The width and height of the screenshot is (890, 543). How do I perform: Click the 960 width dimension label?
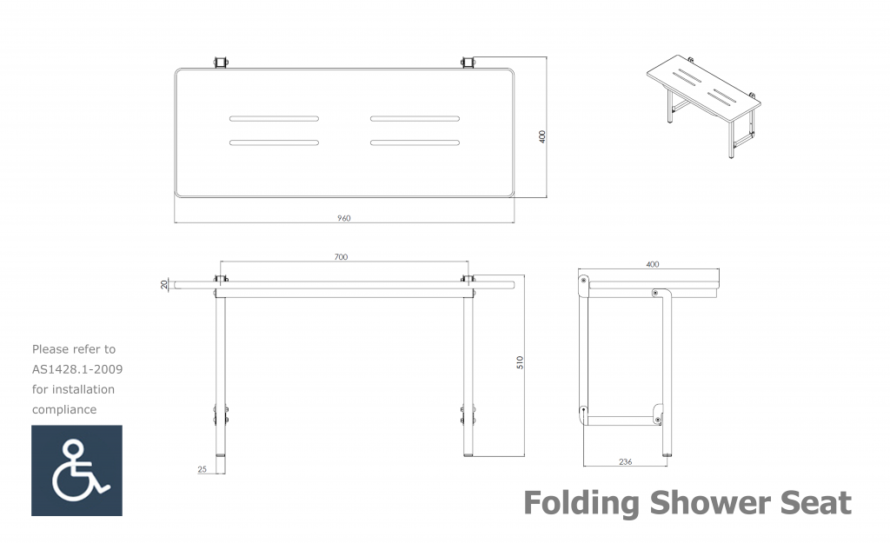click(344, 218)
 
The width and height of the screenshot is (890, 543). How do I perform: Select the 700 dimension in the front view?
click(341, 257)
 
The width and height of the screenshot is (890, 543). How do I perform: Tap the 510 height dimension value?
click(520, 362)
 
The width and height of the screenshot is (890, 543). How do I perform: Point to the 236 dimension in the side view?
click(625, 462)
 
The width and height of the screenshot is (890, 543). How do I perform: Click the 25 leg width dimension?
click(202, 469)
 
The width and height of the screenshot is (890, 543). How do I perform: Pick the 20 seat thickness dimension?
click(164, 284)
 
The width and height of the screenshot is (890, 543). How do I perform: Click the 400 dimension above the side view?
click(653, 264)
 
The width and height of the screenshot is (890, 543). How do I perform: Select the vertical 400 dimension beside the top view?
click(542, 136)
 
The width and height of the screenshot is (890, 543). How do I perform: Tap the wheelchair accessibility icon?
click(76, 470)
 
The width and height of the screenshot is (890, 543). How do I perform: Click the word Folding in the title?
click(581, 503)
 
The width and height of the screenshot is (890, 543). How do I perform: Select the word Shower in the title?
click(710, 502)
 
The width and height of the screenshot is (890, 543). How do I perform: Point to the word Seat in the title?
click(816, 503)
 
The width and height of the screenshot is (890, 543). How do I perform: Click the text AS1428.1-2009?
click(77, 369)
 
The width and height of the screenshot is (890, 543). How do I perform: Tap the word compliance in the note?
click(64, 410)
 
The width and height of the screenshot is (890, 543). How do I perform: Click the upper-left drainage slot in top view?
click(274, 118)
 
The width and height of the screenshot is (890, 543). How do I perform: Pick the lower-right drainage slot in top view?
click(415, 142)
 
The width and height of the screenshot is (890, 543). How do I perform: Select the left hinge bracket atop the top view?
click(222, 63)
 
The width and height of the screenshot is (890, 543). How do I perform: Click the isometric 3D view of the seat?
click(704, 106)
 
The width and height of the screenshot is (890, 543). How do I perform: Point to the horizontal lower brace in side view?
click(621, 420)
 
